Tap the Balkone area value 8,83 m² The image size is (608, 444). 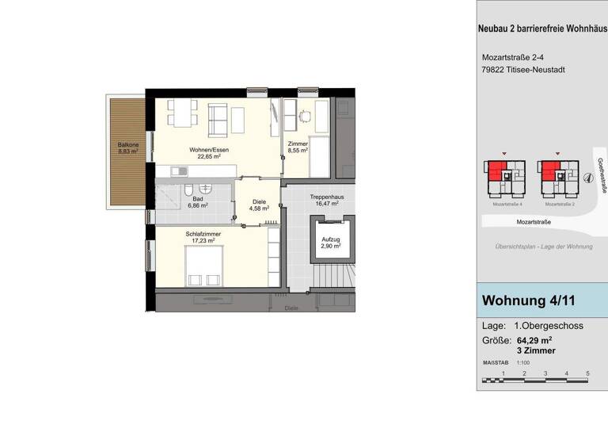[129, 153]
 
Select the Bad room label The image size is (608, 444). [197, 199]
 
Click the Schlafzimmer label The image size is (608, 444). [203, 235]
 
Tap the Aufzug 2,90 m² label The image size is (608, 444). [330, 243]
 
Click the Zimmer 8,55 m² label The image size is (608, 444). [298, 146]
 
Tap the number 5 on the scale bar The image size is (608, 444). [587, 373]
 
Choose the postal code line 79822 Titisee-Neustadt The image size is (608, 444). [523, 70]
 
